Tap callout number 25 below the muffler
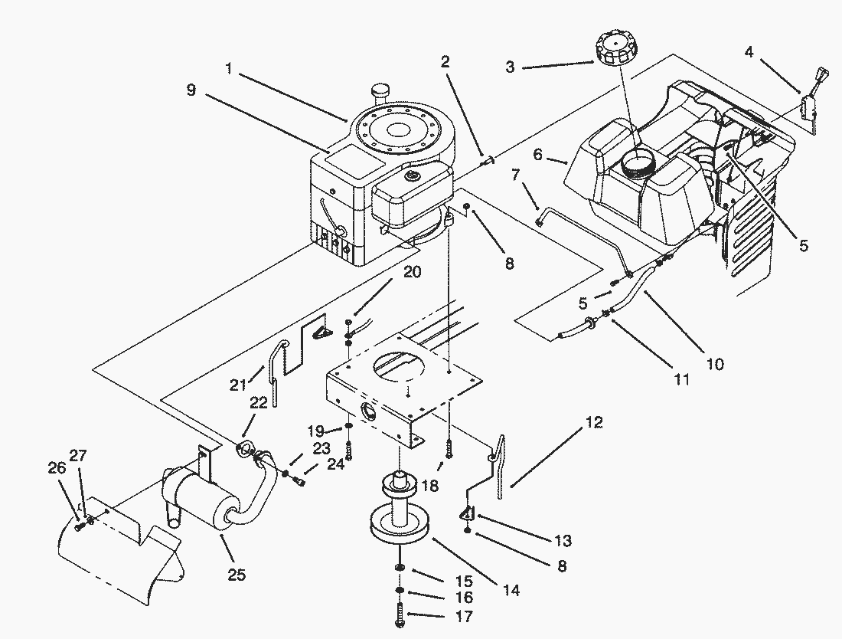[237, 575]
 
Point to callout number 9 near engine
[191, 90]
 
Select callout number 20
[413, 273]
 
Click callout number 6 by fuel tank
[537, 154]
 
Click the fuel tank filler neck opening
[637, 162]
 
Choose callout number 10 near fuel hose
[715, 365]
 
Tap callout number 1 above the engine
[229, 69]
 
